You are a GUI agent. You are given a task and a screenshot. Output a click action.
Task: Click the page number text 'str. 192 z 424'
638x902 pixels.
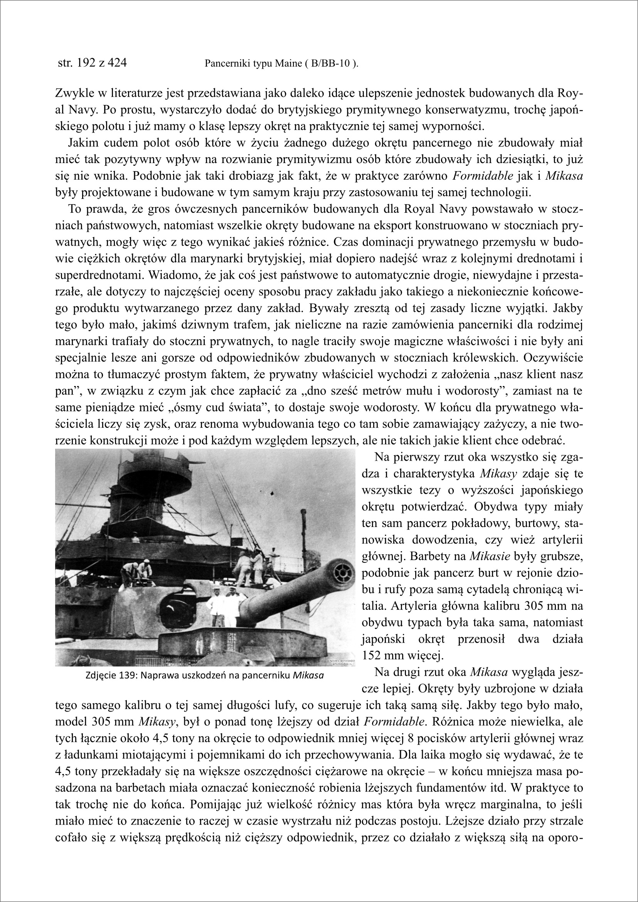pyautogui.click(x=92, y=63)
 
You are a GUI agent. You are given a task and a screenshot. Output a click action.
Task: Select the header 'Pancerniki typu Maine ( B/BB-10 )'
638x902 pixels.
pyautogui.click(x=281, y=64)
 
